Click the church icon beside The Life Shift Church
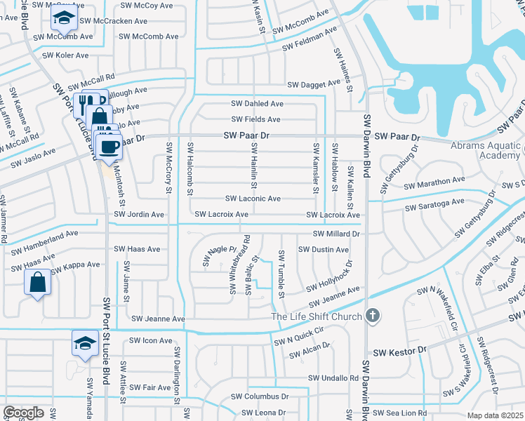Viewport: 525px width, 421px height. (373, 316)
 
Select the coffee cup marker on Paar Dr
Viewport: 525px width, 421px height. (109, 147)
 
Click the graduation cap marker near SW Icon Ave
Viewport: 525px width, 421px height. (84, 343)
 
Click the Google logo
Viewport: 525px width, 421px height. (23, 413)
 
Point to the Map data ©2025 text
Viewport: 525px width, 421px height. (495, 415)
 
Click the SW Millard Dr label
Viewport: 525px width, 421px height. (336, 234)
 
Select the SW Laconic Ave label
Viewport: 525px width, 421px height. (253, 199)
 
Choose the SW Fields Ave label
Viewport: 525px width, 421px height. (256, 120)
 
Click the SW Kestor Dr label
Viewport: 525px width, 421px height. (399, 349)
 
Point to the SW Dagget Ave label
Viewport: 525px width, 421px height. (313, 85)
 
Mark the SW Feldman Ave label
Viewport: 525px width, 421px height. (310, 39)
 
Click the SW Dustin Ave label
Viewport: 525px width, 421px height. (323, 250)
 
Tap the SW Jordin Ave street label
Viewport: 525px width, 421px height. (139, 214)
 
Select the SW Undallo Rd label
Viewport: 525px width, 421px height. (333, 378)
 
